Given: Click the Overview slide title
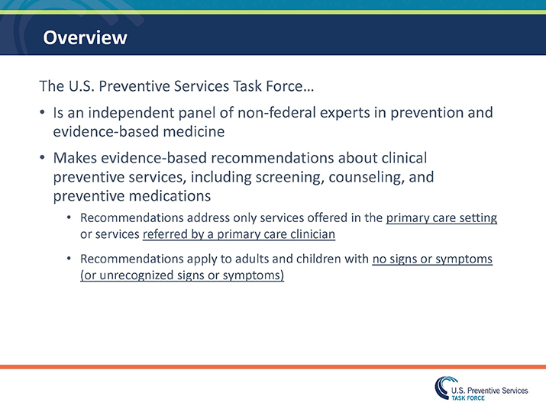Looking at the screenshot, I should (x=85, y=37).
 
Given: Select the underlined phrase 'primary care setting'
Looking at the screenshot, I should (x=441, y=218).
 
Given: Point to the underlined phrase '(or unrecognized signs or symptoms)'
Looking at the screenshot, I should (x=182, y=275).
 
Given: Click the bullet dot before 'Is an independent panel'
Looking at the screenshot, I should (x=43, y=114).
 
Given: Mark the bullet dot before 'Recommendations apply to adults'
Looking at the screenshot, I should (x=69, y=259).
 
